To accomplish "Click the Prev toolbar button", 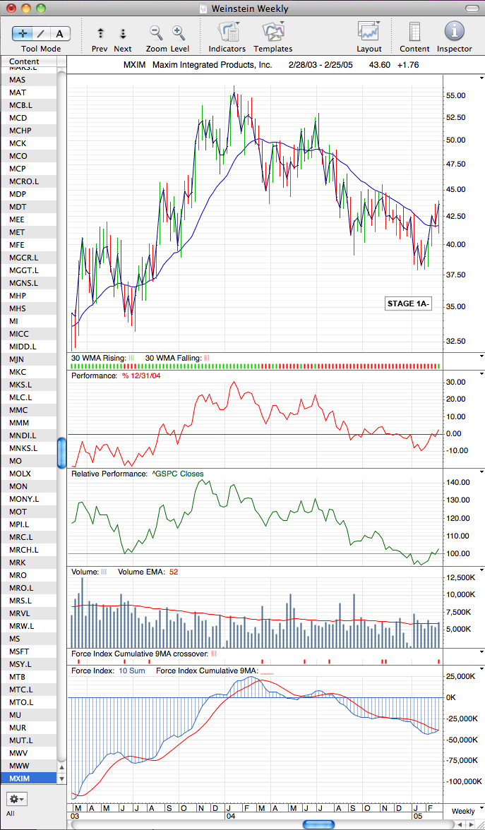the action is click(100, 34).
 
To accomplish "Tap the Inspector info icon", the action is click(455, 32).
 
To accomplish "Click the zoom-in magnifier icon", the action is click(179, 32).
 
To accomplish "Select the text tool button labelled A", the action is click(60, 34).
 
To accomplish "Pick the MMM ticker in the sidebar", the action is click(19, 422).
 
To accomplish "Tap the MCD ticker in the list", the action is click(18, 117).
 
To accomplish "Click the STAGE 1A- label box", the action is click(408, 303).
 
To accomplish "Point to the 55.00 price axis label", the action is click(456, 96).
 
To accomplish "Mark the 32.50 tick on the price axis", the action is click(456, 341).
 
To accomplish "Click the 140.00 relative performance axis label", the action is click(458, 483).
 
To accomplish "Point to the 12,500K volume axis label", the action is click(459, 577).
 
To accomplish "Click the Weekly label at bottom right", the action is click(463, 812).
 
